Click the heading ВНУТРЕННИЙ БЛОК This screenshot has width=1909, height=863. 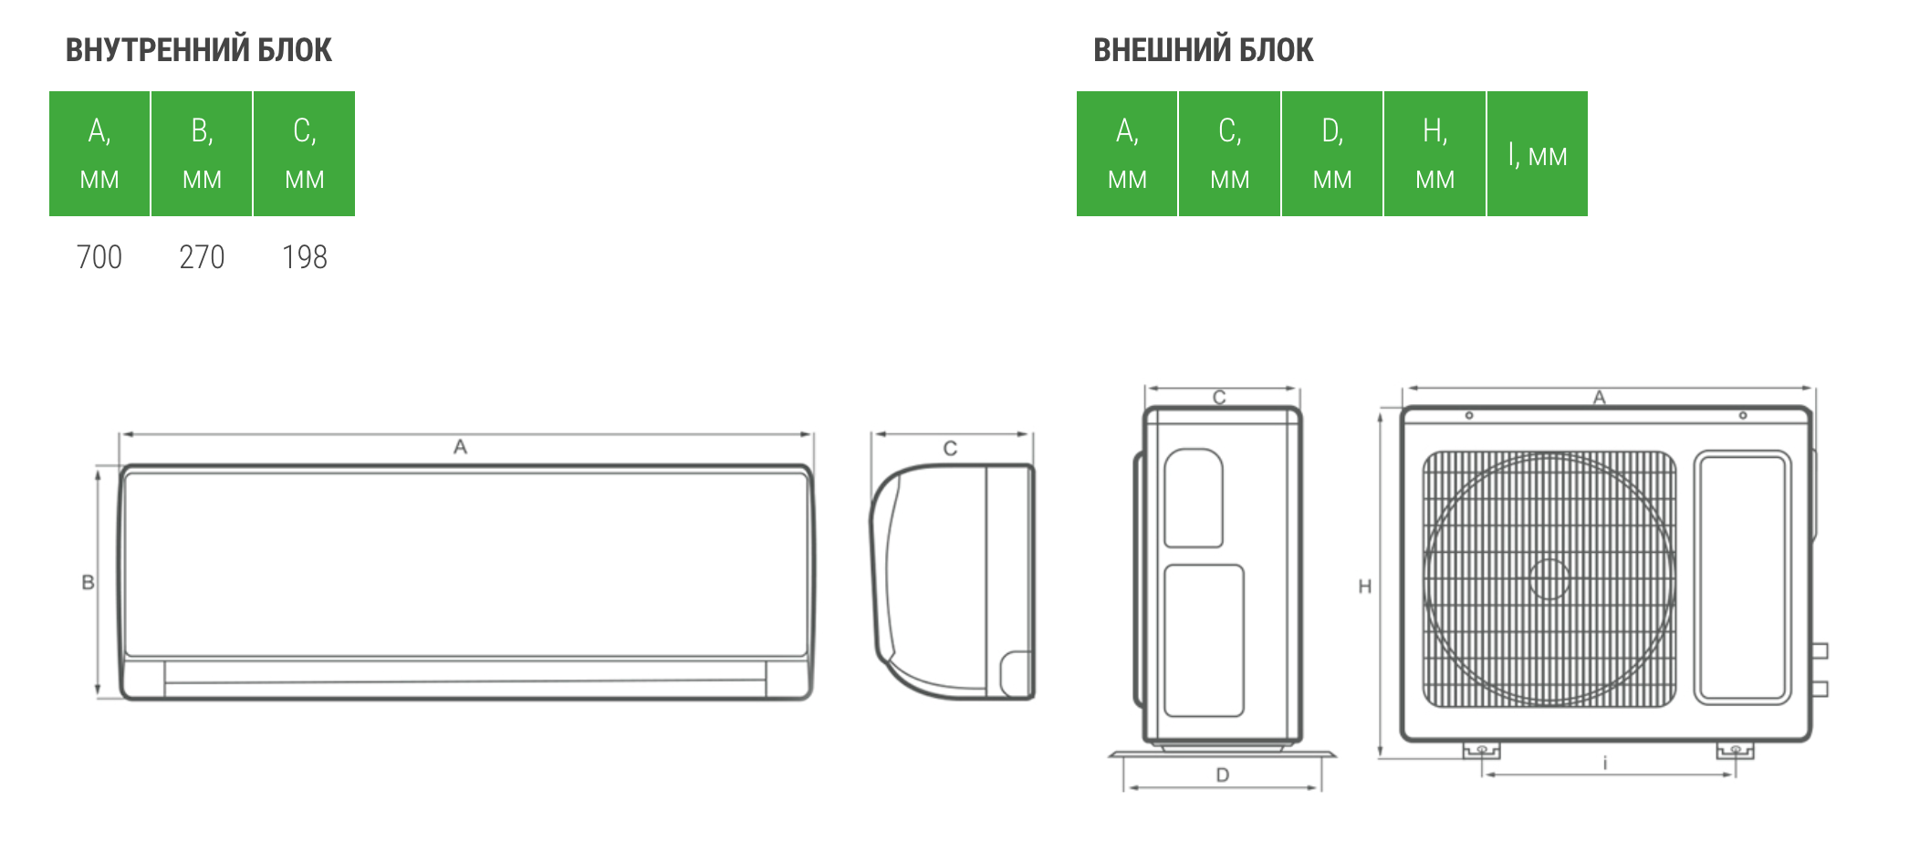pos(198,50)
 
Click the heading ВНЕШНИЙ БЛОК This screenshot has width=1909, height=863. pos(1203,50)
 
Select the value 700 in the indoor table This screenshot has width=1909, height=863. pos(99,257)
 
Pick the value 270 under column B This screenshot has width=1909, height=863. pos(202,257)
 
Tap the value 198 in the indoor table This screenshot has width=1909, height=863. pos(305,257)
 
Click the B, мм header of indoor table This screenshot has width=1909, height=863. pos(202,153)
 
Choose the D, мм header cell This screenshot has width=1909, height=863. pos(1332,153)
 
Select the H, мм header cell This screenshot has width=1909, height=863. pos(1434,153)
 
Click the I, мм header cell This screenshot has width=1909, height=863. pos(1538,153)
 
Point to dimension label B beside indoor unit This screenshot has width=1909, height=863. pos(88,582)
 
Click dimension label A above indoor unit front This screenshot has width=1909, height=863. pos(460,447)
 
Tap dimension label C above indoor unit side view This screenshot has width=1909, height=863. pos(950,448)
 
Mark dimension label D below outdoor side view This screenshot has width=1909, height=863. pos(1223,775)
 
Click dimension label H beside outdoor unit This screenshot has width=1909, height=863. pos(1365,587)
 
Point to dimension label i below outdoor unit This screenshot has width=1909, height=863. pos(1605,763)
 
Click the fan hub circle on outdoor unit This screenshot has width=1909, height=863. pos(1549,579)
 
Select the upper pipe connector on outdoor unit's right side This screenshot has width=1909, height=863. pos(1820,650)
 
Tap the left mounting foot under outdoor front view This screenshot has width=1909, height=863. pos(1481,751)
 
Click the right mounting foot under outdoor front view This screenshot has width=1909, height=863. pos(1735,751)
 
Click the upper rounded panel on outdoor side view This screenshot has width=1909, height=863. pos(1194,498)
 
